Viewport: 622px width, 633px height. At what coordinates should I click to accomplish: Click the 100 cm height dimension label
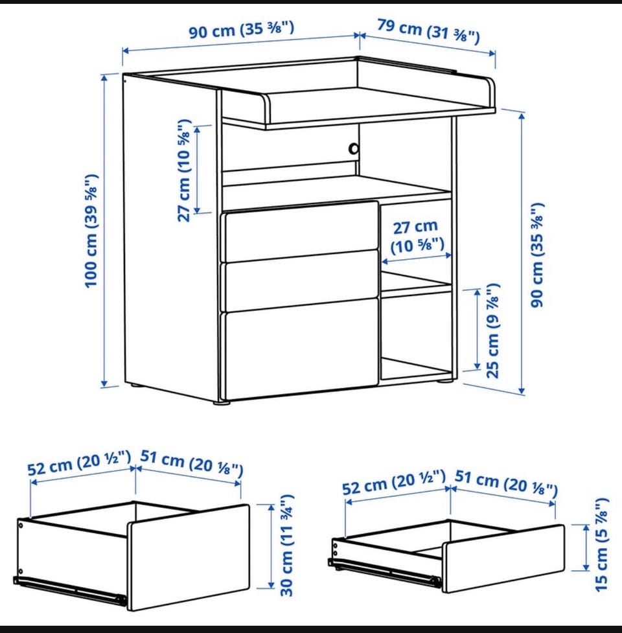(x=91, y=231)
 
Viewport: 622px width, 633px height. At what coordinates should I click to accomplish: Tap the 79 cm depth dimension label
(x=429, y=31)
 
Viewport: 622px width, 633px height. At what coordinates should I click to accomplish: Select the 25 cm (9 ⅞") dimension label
(x=493, y=330)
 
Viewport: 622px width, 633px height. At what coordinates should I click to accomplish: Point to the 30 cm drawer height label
(x=287, y=545)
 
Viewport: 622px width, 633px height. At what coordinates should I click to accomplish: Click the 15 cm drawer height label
(x=601, y=545)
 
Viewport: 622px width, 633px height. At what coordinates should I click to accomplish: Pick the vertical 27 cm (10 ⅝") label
(x=183, y=170)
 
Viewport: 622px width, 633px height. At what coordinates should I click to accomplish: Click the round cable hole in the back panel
(x=353, y=148)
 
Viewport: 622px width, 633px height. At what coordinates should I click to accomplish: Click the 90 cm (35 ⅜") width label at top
(x=242, y=30)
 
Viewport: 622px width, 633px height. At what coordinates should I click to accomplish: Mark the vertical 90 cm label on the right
(x=537, y=255)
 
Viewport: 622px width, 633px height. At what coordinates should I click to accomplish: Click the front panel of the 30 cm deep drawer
(x=188, y=557)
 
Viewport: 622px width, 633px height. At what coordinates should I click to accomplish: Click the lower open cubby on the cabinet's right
(x=416, y=335)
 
